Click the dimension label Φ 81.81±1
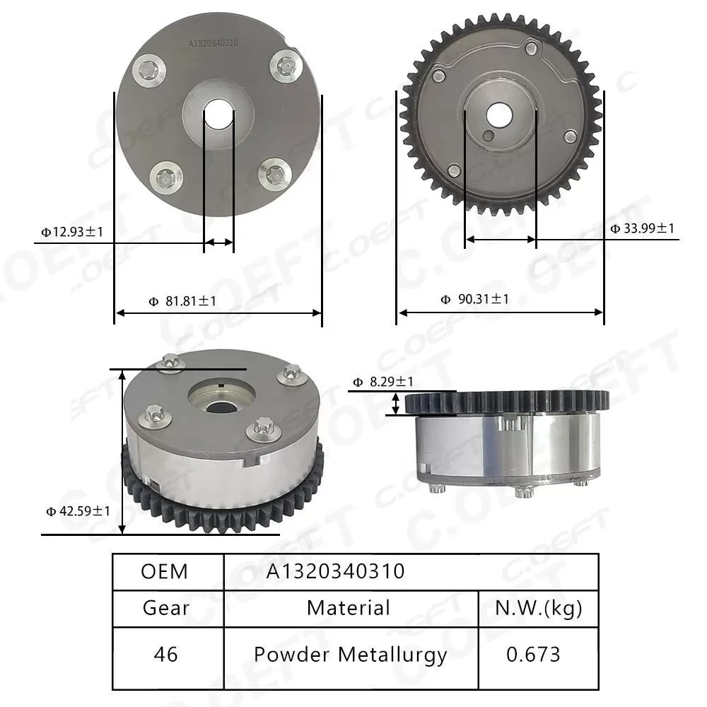(x=182, y=301)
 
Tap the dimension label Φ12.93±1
(x=73, y=231)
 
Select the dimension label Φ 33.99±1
(x=643, y=228)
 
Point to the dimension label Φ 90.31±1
(x=474, y=299)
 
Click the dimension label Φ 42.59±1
(x=78, y=510)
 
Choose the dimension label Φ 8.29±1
(x=382, y=382)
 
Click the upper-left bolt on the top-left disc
(x=151, y=69)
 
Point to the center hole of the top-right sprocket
(x=500, y=115)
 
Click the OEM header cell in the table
(x=165, y=571)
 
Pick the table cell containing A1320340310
(x=335, y=571)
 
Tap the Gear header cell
(x=166, y=608)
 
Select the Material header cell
(x=349, y=608)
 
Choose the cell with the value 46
(x=166, y=655)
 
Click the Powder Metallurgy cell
(x=350, y=655)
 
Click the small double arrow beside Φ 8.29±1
(x=397, y=404)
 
